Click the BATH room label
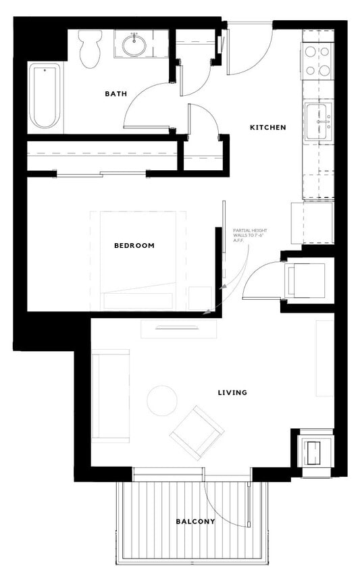pos(115,94)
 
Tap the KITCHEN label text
pos(268,127)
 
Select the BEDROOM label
pos(134,245)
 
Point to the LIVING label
pos(232,392)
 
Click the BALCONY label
pos(195,521)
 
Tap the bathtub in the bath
pos(45,96)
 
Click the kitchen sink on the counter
pos(318,122)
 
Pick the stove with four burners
pos(318,60)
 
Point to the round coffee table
pos(162,400)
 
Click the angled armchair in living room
pos(197,432)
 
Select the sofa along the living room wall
pos(110,396)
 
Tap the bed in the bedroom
pos(138,260)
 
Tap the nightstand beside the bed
pos(200,298)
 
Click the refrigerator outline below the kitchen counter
pos(311,223)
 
